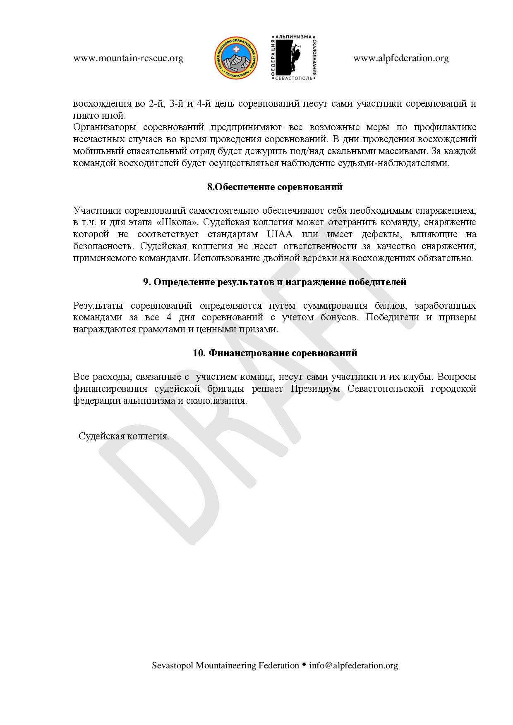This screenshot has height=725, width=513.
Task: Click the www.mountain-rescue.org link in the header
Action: point(128,58)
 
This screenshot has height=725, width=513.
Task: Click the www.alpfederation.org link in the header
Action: point(401,58)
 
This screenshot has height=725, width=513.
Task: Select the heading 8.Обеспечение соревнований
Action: point(275,187)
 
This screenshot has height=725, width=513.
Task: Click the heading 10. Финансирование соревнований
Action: point(275,353)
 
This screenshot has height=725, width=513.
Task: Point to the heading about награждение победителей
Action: point(275,282)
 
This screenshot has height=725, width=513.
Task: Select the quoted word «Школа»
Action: point(178,222)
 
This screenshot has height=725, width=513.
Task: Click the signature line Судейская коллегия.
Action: point(124,436)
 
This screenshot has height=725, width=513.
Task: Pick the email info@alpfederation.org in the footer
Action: point(353,665)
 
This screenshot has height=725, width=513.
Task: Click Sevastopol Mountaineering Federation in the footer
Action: point(225,665)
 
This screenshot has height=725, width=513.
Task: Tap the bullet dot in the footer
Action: point(304,665)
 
